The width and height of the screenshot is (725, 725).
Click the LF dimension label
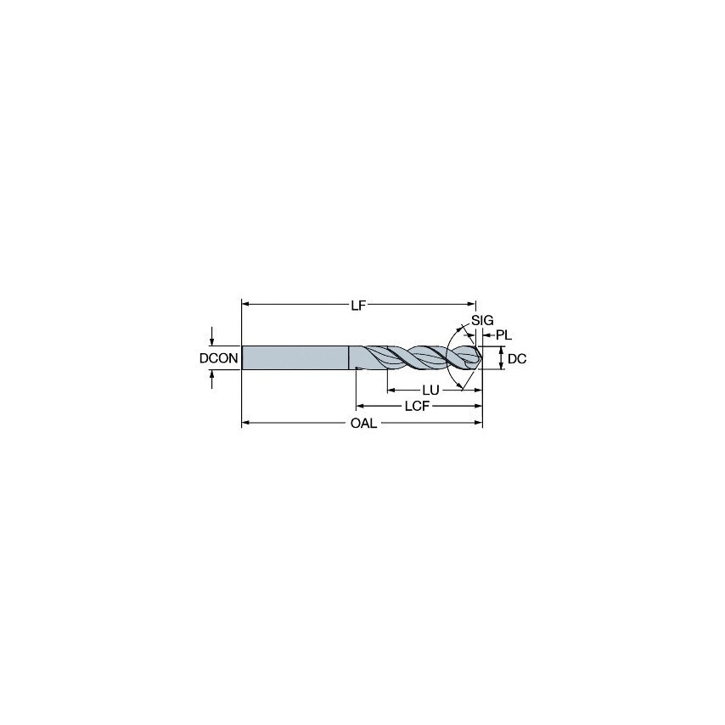pos(358,306)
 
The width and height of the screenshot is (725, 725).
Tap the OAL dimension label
pos(363,423)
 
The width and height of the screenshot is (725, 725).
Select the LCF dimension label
pos(414,407)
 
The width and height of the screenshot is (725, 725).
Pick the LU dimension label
pos(430,391)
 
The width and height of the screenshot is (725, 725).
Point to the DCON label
pos(218,359)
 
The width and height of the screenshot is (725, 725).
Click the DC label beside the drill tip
pos(516,359)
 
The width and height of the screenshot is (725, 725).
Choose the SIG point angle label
pos(482,320)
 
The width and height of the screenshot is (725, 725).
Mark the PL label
pos(504,336)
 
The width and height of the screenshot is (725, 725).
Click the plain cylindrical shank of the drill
pos(295,357)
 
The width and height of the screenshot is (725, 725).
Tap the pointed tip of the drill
pos(481,357)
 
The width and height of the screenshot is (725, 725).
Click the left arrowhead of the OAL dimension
pos(247,422)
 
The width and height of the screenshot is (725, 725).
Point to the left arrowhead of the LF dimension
pos(247,305)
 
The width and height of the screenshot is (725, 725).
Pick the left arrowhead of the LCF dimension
pos(360,406)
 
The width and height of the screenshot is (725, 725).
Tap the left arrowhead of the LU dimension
pos(391,390)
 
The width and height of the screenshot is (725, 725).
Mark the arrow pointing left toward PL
pos(487,336)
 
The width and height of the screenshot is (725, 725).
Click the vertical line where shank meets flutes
pos(349,357)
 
